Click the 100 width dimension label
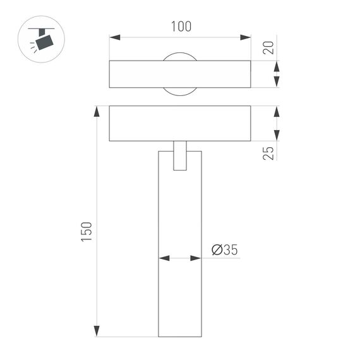coord(181,27)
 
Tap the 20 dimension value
coord(270,47)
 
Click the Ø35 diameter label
coord(224,250)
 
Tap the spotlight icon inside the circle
coord(42,40)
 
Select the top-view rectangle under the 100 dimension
coord(180,75)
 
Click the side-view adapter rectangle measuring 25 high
coord(180,123)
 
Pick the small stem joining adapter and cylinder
coord(180,155)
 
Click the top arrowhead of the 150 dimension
coord(97,112)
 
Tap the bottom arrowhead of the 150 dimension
coord(97,330)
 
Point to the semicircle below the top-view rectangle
coord(180,92)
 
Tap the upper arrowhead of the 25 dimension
coord(276,112)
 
